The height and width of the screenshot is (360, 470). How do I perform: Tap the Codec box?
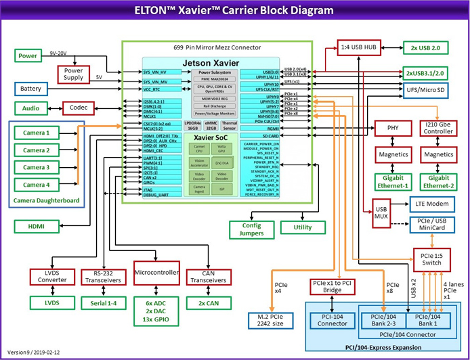[x=79, y=108]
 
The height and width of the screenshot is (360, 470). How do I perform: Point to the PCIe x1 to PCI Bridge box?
[x=333, y=286]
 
